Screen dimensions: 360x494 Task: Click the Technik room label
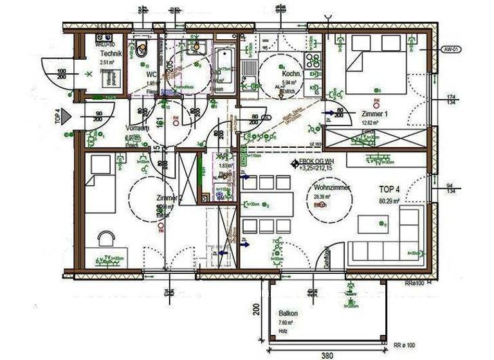[107, 56]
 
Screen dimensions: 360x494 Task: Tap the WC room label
[152, 75]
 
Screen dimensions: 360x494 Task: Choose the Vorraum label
[137, 128]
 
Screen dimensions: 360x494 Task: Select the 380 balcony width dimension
[327, 354]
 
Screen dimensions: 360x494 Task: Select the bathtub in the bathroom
[224, 67]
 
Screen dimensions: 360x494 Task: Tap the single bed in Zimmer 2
[100, 184]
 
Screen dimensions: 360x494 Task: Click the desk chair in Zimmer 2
[106, 238]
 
